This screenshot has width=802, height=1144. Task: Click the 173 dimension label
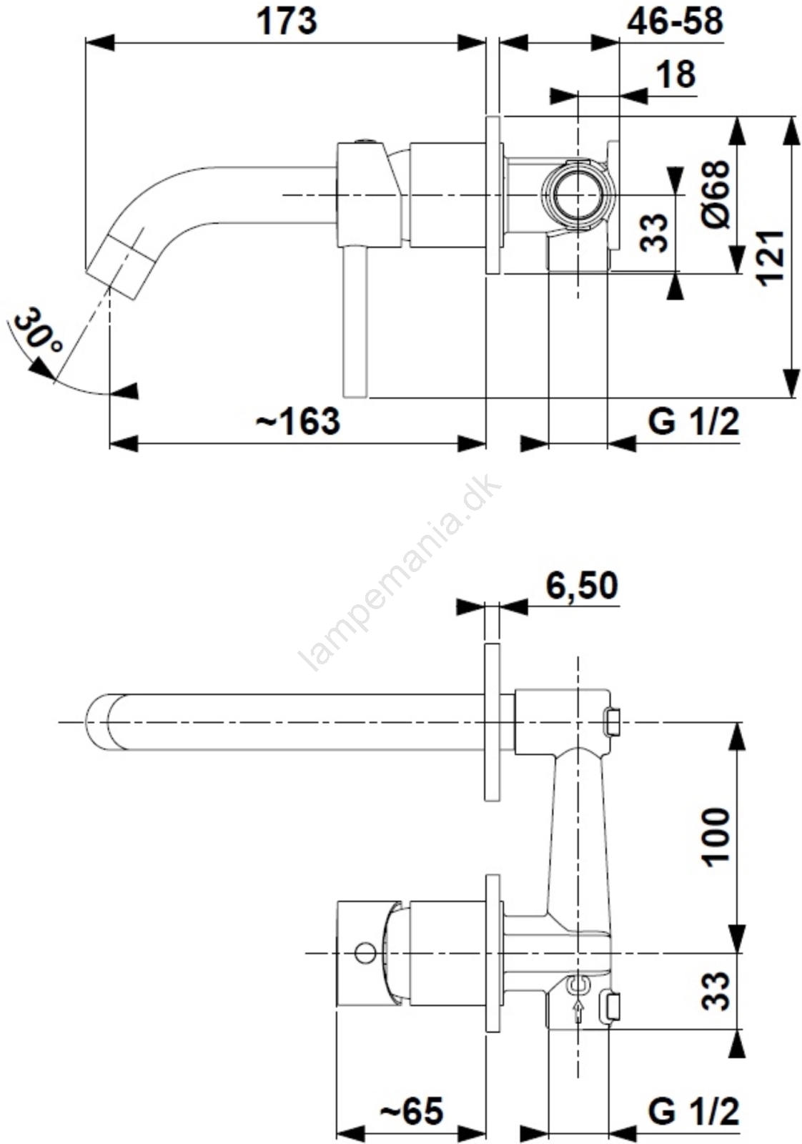click(287, 22)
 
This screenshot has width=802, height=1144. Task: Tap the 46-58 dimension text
click(674, 21)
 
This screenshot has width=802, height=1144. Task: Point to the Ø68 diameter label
click(716, 194)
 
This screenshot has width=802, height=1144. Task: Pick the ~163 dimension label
click(297, 422)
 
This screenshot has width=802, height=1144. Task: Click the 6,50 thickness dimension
click(582, 586)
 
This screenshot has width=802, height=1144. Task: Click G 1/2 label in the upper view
click(694, 423)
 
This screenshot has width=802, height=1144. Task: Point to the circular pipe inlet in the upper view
click(578, 194)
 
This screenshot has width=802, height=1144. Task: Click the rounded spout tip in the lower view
click(97, 722)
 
